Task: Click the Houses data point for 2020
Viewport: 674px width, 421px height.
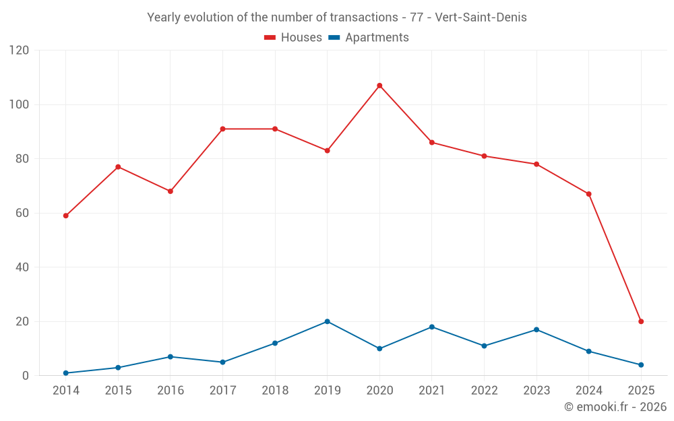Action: pos(379,86)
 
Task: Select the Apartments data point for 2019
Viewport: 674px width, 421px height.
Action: pos(327,321)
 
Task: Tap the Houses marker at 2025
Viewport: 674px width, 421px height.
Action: pos(641,321)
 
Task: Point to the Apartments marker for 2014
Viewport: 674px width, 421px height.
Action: pos(65,373)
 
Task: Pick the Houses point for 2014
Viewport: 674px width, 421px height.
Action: pos(65,216)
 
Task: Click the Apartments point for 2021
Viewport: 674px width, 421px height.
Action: pos(432,327)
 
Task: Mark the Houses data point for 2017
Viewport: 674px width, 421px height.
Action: pos(222,129)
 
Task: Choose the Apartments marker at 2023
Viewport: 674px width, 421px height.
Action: pos(537,329)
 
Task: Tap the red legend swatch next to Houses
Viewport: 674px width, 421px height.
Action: pos(270,38)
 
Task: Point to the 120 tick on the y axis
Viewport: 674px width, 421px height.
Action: pos(19,51)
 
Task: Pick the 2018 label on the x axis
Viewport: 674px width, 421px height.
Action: pos(275,390)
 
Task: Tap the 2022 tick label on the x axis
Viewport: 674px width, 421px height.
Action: pos(484,390)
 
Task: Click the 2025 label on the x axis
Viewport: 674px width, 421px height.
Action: pos(641,390)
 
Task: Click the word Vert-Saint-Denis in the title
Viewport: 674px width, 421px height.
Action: pos(481,18)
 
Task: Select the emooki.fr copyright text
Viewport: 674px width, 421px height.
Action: pos(615,407)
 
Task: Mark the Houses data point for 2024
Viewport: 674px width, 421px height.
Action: pos(588,194)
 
